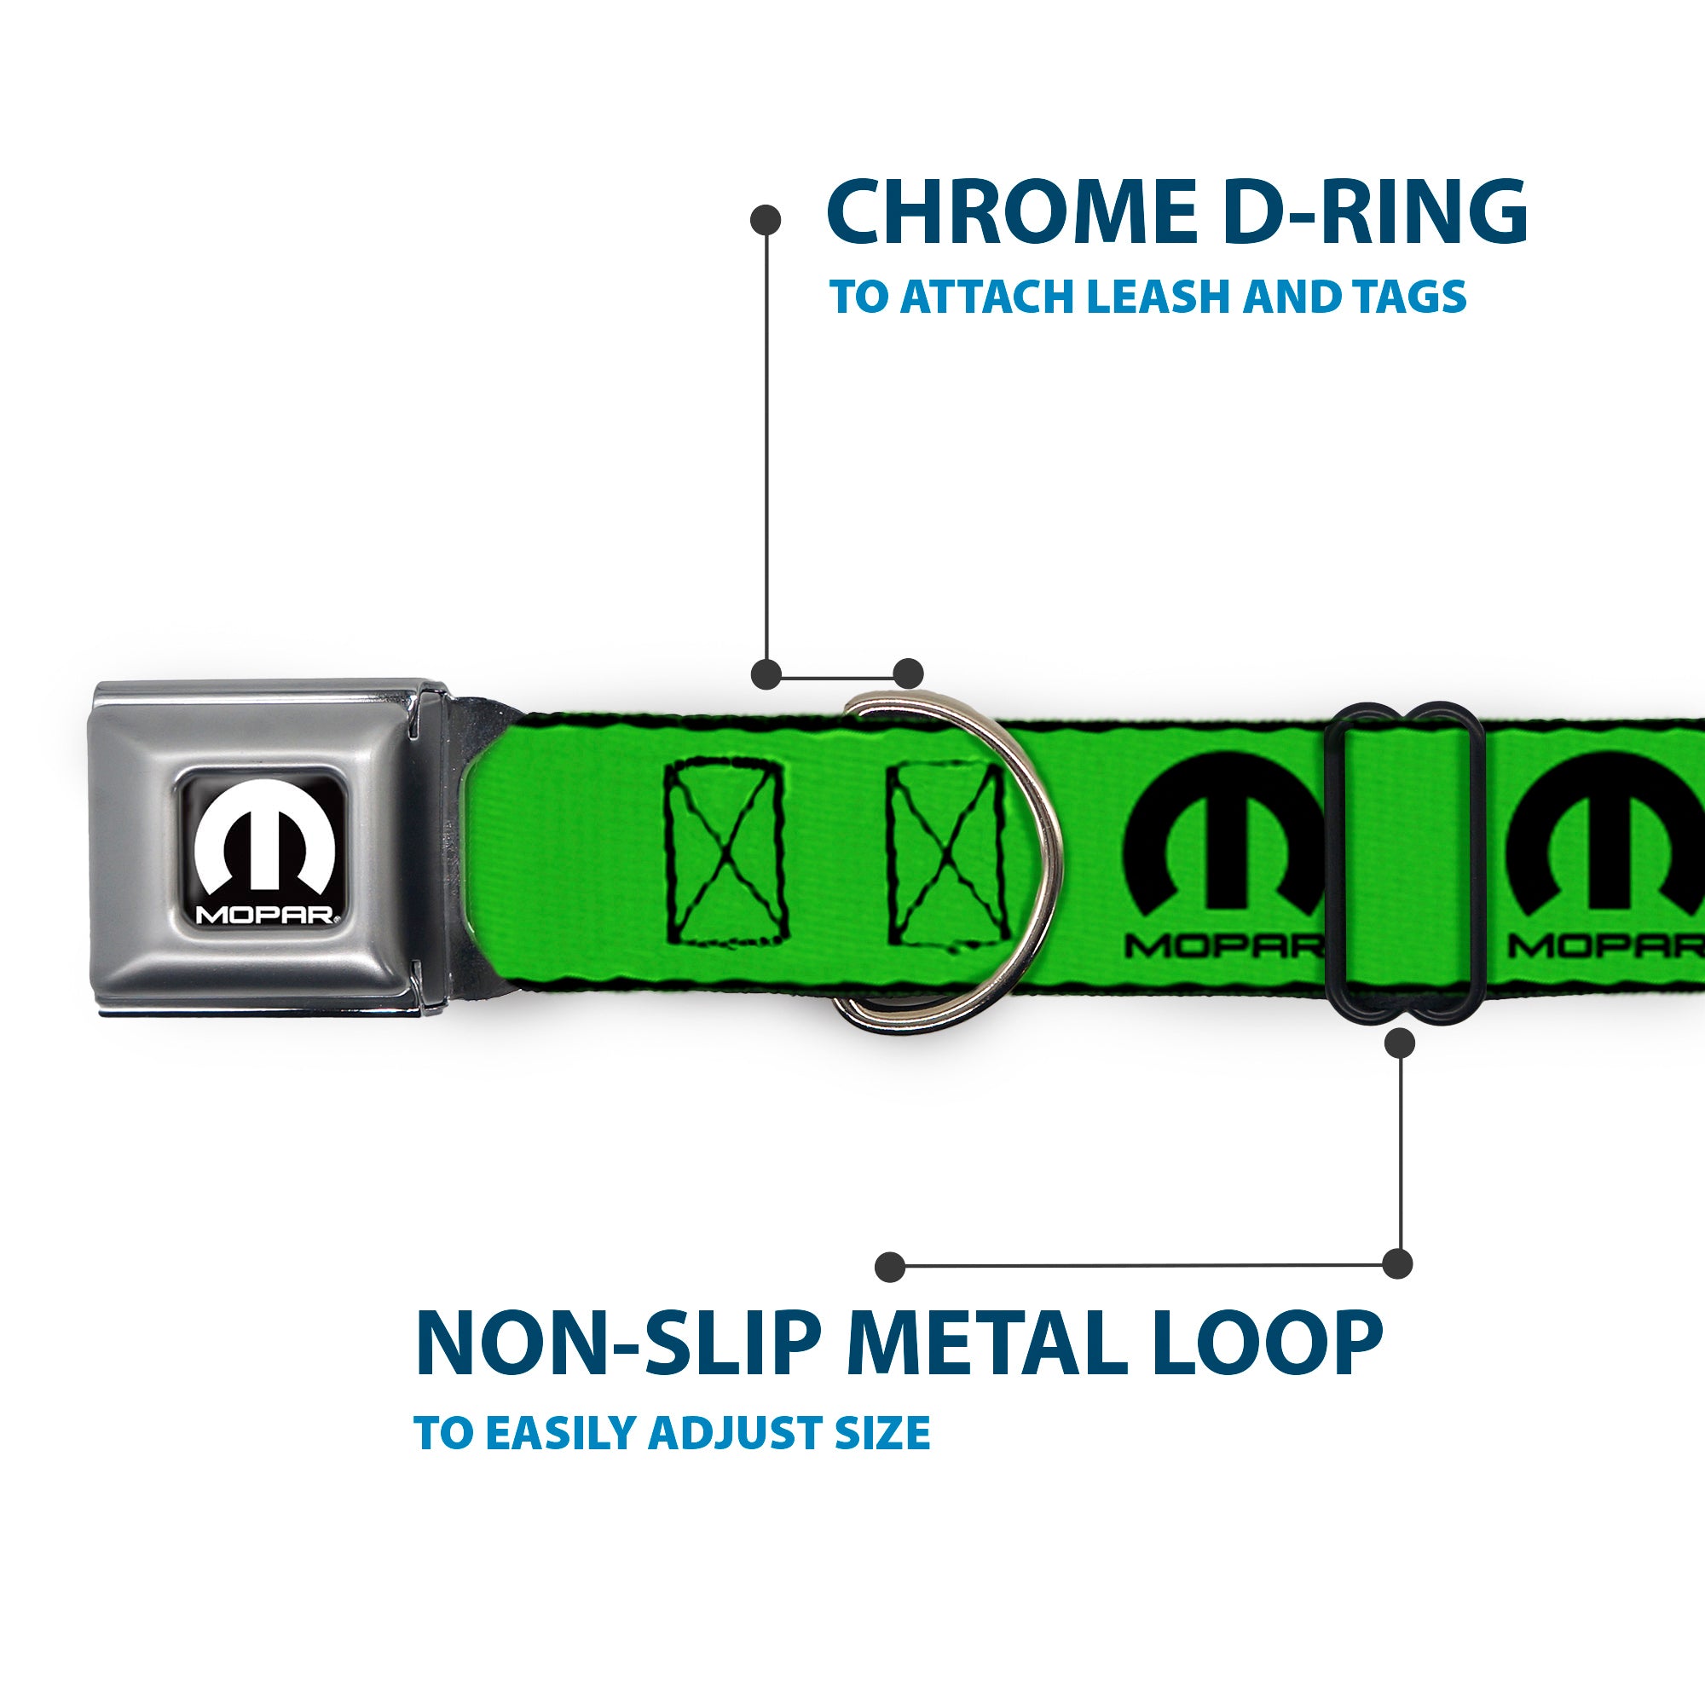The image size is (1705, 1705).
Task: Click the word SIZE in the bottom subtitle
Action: coord(882,1432)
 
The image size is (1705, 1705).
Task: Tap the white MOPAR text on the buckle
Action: coord(264,914)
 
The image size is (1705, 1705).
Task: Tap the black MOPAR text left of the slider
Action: coord(1222,947)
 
